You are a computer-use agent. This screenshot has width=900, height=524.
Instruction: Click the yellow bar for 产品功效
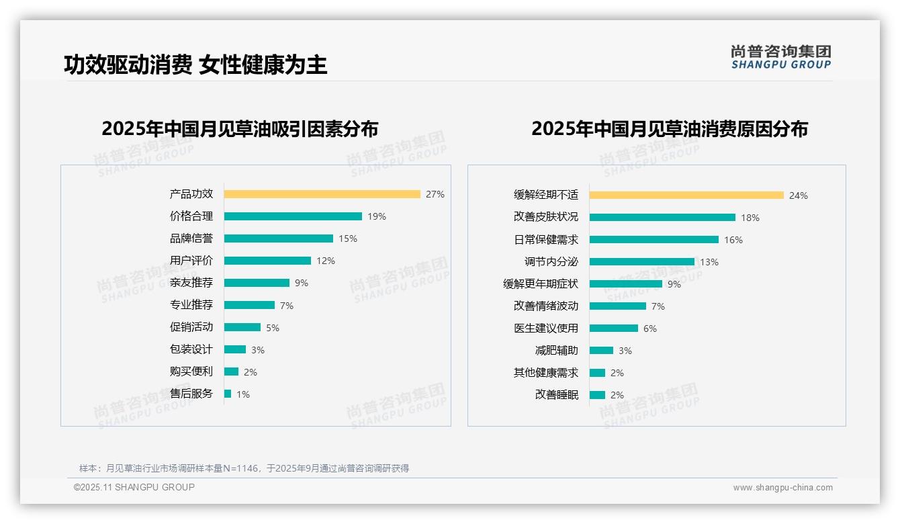point(322,194)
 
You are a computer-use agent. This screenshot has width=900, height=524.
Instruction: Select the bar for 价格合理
point(293,216)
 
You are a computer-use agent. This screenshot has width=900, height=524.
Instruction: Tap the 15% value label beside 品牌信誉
point(348,238)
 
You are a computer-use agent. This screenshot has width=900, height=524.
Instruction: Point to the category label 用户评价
point(191,261)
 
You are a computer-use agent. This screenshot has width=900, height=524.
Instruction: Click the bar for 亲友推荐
point(257,283)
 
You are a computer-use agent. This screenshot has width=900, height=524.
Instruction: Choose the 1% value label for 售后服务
point(242,394)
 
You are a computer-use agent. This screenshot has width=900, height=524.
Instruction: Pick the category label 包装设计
point(191,349)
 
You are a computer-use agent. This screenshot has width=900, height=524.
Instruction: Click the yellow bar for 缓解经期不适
point(686,195)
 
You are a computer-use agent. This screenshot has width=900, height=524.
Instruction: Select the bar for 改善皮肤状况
point(662,218)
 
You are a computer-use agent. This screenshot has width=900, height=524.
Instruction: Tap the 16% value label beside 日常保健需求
point(733,240)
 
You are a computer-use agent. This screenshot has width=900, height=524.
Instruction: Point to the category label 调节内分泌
point(551,262)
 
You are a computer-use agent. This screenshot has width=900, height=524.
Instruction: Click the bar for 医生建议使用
point(614,329)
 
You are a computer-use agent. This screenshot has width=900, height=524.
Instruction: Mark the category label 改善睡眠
point(556,395)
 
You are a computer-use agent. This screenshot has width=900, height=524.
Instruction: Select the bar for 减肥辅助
point(601,351)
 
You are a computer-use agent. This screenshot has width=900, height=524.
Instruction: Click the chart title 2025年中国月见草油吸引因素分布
point(240,128)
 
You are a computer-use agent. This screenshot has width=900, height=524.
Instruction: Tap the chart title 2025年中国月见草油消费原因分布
point(669,128)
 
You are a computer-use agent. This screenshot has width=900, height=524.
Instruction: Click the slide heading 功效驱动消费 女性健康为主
point(195,64)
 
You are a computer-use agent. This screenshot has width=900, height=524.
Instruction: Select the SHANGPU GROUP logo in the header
point(780,57)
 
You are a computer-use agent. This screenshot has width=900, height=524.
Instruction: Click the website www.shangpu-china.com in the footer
point(782,488)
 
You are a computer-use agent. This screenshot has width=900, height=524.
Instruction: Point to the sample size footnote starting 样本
point(244,468)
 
